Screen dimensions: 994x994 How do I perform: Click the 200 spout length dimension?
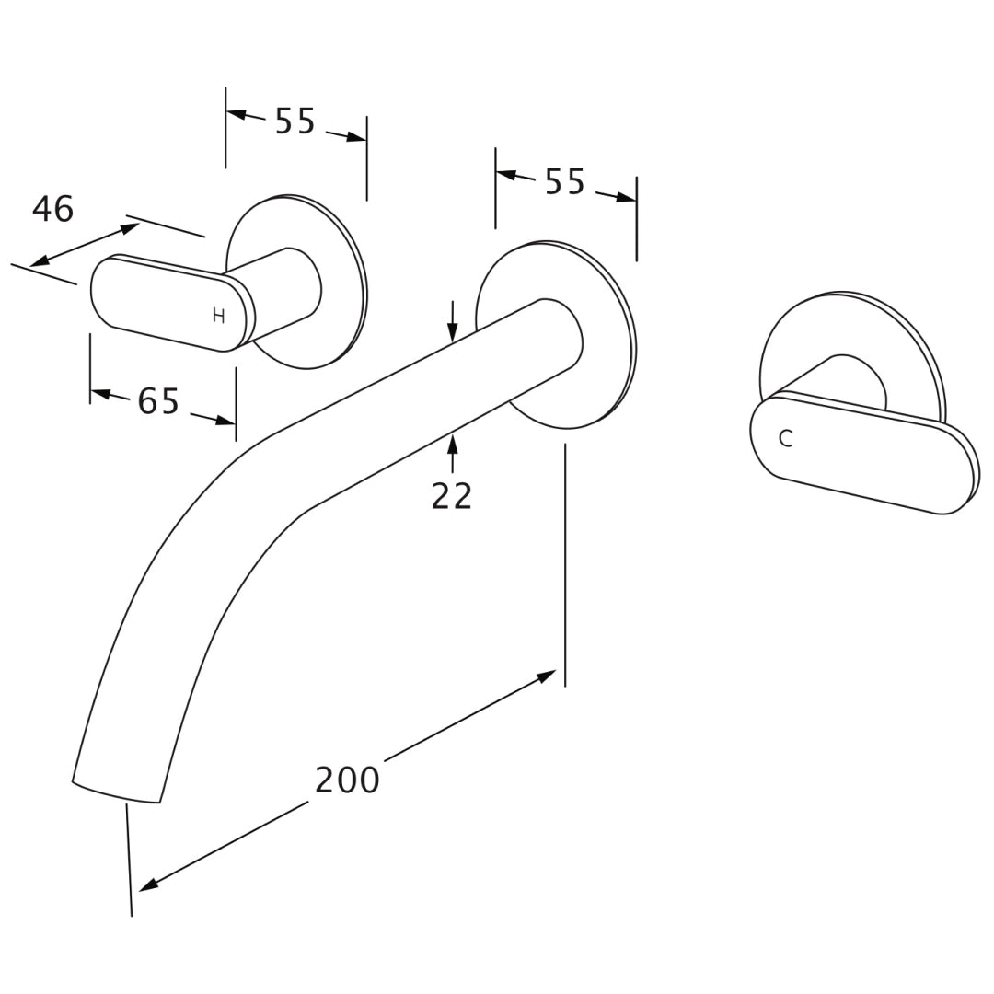coord(347,780)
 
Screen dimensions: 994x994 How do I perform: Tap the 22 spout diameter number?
coord(451,496)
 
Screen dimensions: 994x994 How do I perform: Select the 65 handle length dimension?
coord(158,401)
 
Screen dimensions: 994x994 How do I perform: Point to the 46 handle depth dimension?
coord(52,209)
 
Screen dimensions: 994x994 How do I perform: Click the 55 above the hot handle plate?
coord(295,121)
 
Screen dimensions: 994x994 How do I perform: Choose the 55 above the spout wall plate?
coord(565,182)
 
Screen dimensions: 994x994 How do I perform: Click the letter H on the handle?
coord(219,316)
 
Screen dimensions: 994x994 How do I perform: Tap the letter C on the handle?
coord(785,439)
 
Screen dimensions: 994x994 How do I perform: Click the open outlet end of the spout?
coord(116,792)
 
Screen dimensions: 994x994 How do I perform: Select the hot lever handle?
coord(173,303)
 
